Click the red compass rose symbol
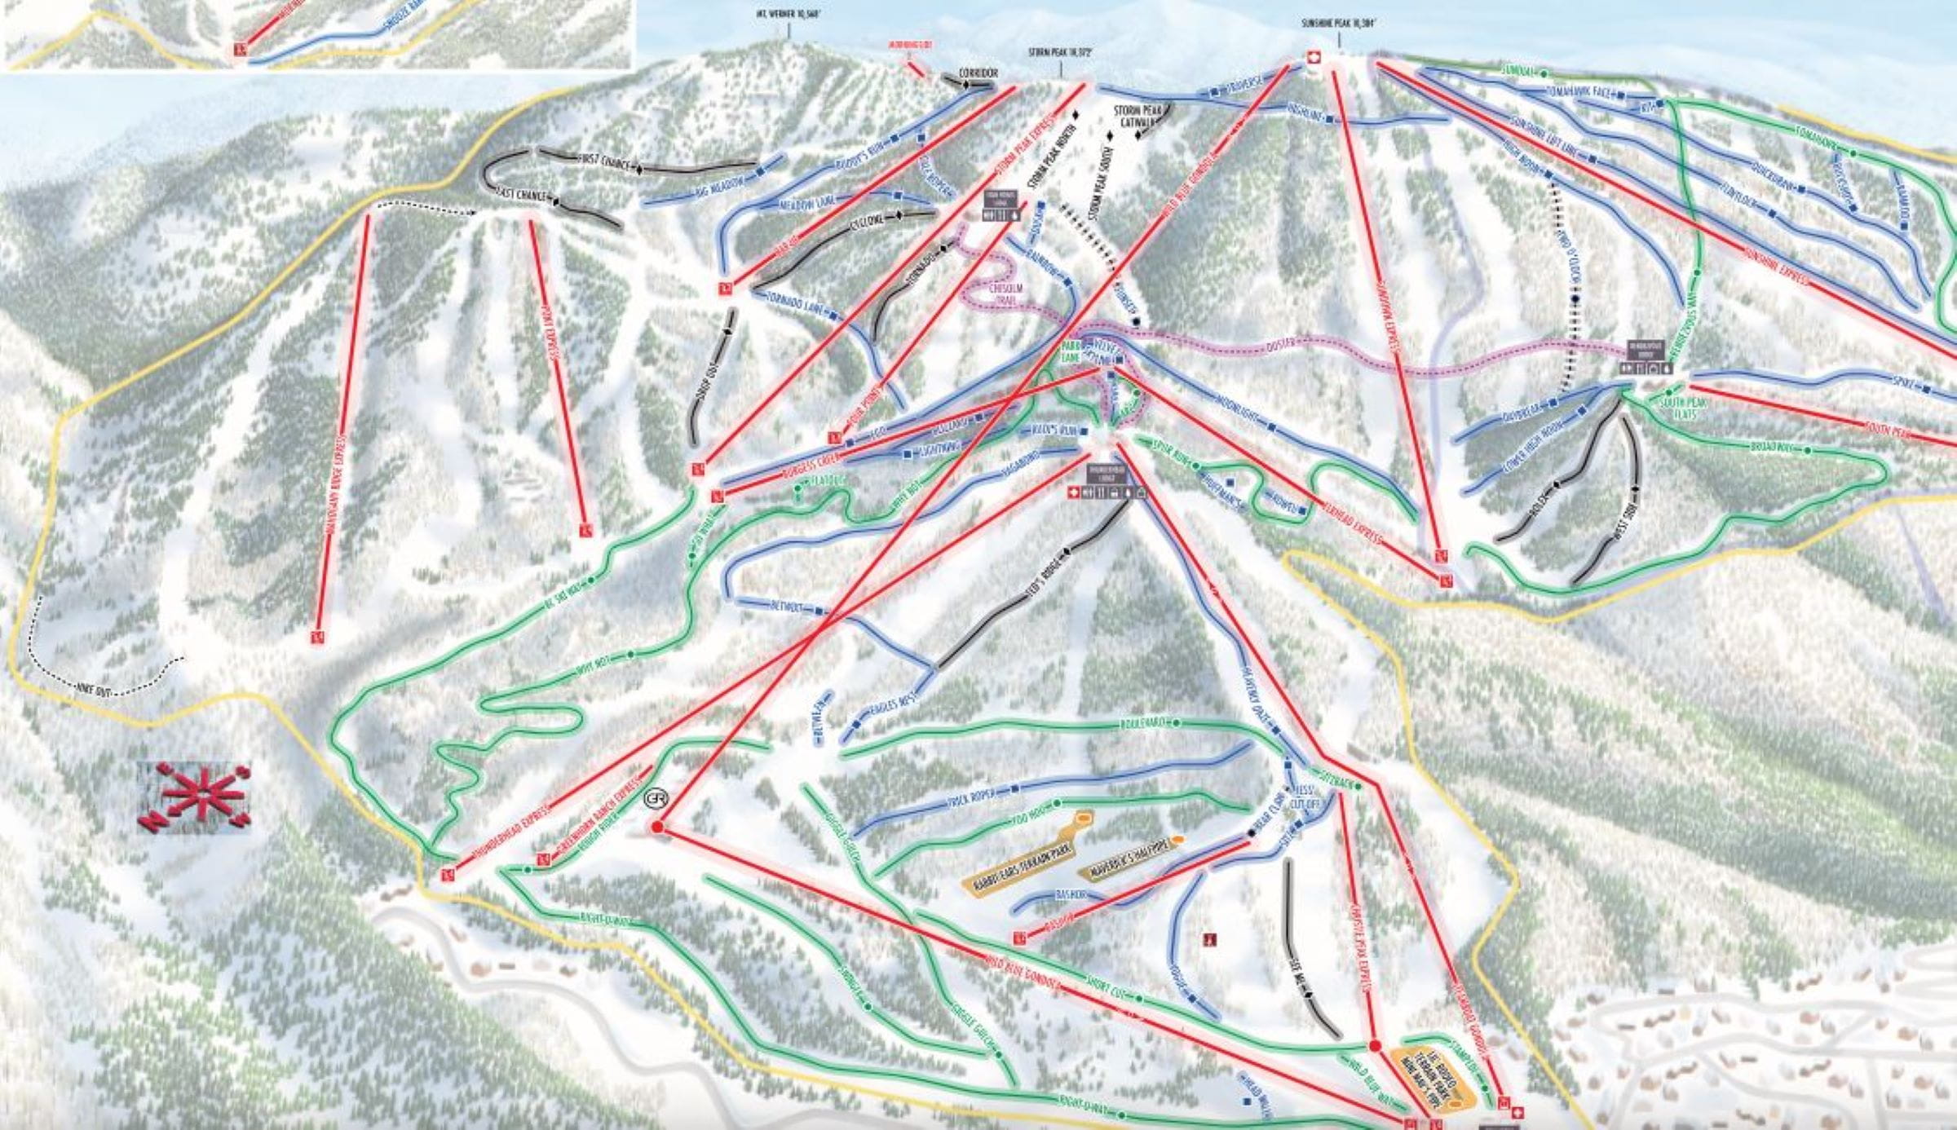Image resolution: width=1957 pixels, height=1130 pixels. [x=195, y=797]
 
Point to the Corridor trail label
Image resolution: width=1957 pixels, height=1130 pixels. [x=978, y=73]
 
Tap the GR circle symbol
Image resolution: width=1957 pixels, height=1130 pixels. [x=655, y=800]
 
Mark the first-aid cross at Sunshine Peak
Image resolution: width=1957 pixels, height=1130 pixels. [x=1314, y=57]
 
